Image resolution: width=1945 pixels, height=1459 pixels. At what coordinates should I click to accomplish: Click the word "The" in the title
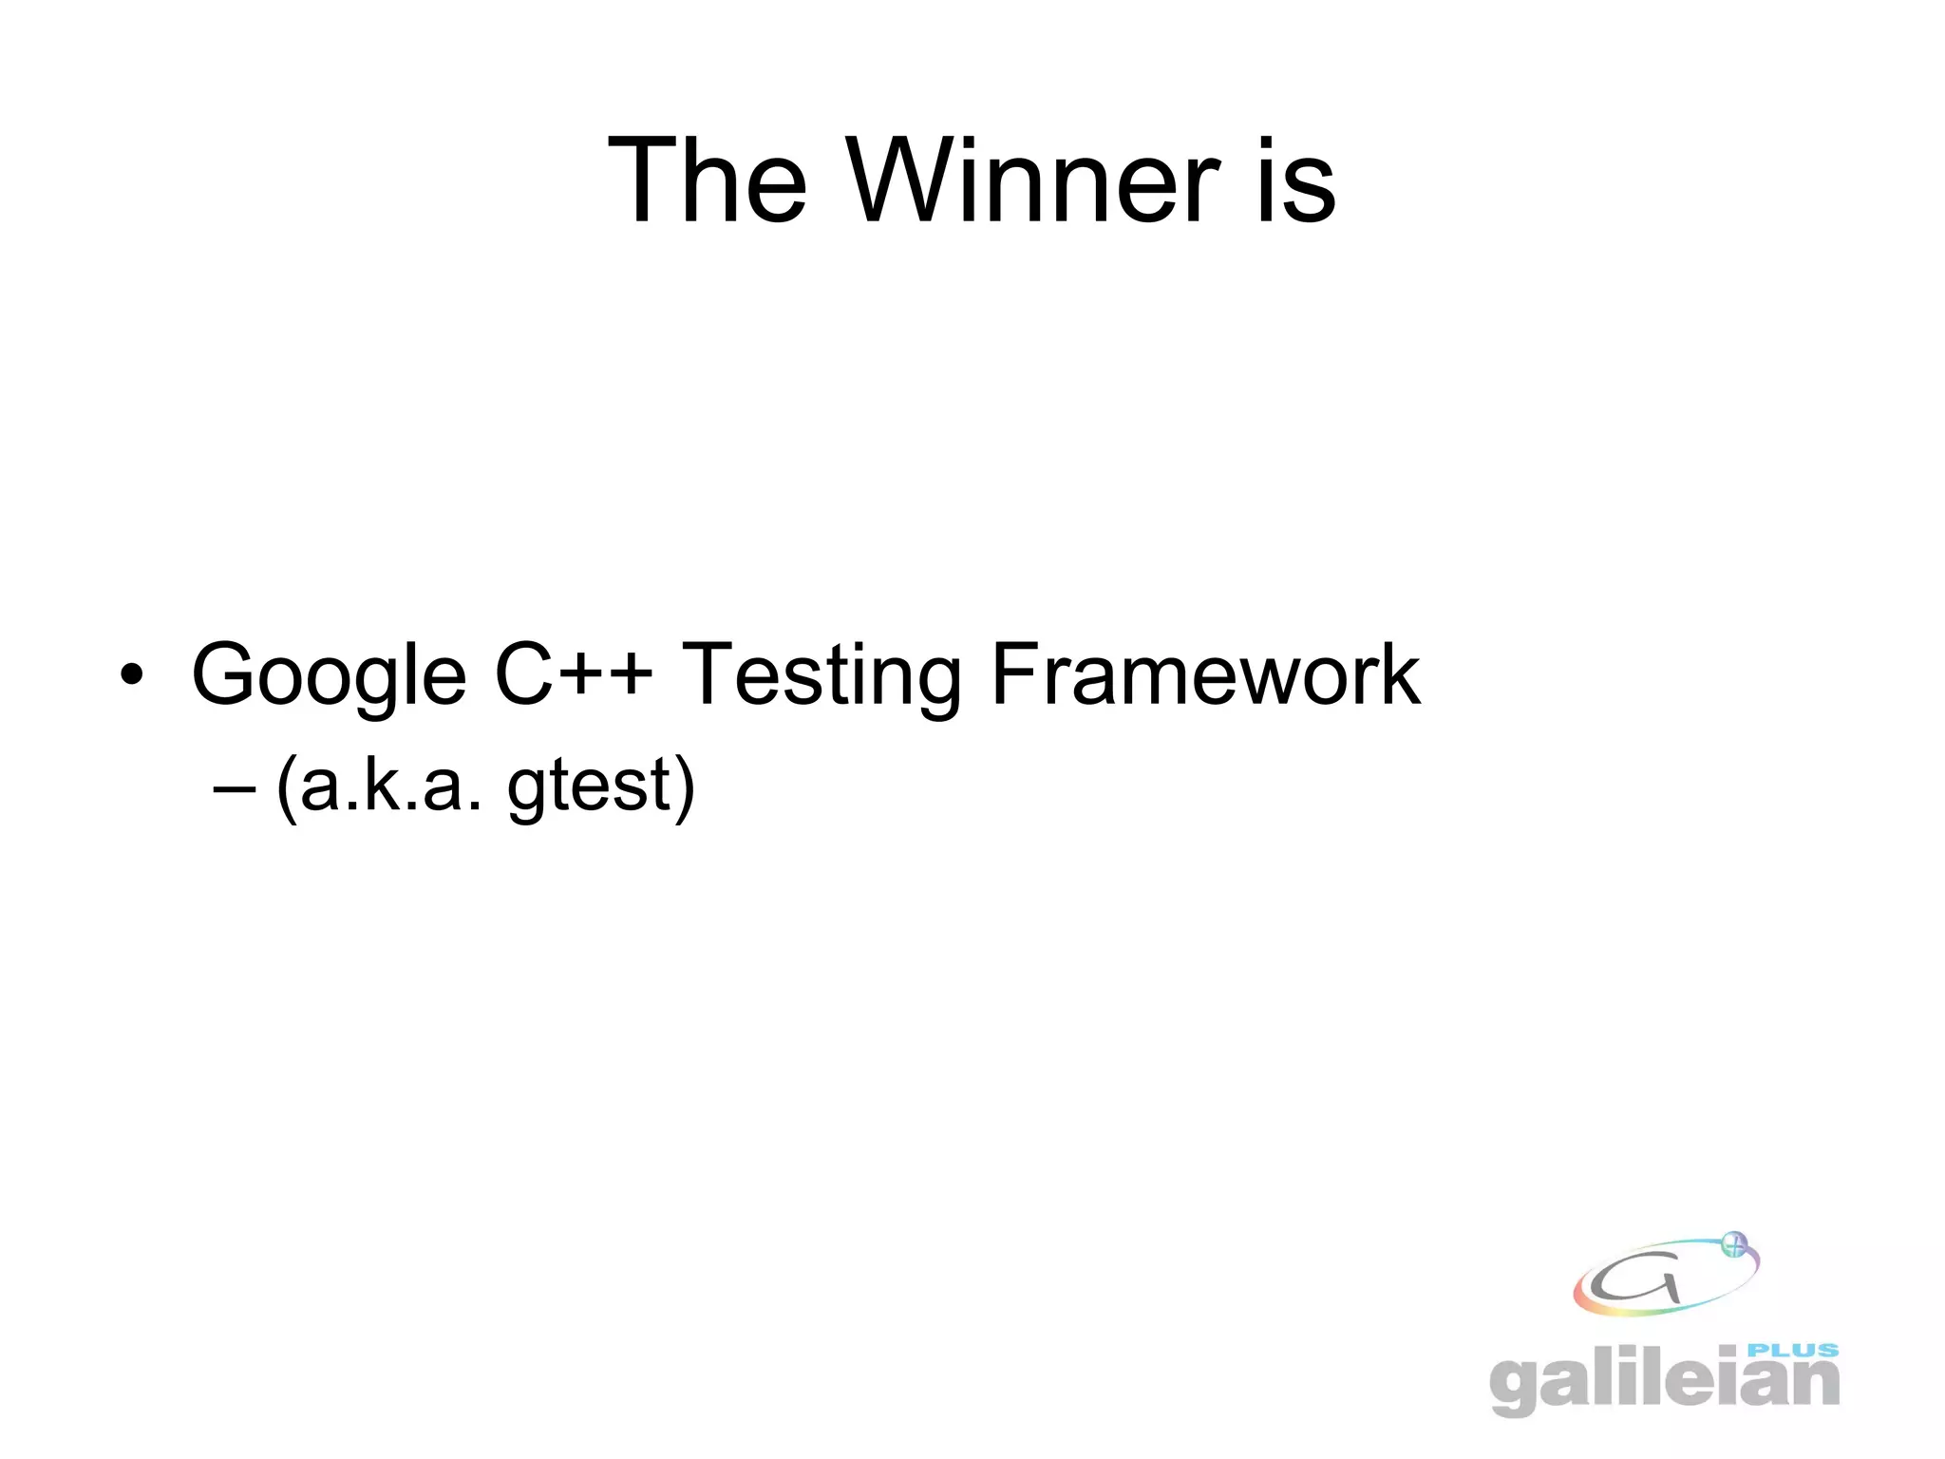click(708, 180)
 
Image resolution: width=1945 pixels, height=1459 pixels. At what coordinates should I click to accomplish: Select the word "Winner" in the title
click(1033, 180)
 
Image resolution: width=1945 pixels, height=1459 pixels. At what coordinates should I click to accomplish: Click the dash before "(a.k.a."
click(236, 787)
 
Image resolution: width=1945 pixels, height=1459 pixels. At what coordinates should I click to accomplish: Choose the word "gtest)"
click(601, 787)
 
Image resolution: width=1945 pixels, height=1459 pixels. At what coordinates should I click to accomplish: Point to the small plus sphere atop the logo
click(1734, 1244)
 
